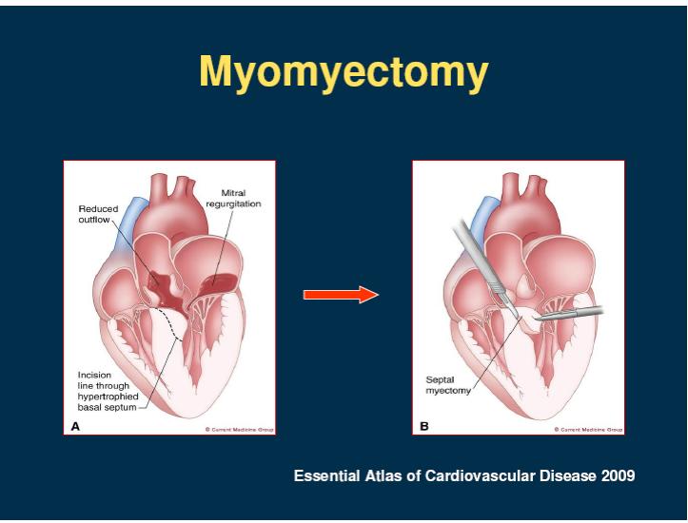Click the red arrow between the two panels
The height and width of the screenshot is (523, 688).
coord(341,295)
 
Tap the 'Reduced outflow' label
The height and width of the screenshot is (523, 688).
coord(98,214)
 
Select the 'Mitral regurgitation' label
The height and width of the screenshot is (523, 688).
coord(233,198)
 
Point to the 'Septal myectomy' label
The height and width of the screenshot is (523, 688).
coord(447,385)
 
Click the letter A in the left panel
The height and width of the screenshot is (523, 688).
coord(75,426)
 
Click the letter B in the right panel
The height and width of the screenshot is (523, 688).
coord(423,426)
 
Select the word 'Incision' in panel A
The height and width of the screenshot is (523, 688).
coord(94,375)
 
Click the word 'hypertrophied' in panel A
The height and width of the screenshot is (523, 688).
coord(108,397)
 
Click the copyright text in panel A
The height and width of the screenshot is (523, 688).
coord(239,430)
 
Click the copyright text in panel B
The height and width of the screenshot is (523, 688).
coord(588,430)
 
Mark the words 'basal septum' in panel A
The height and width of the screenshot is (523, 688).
coord(108,407)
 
